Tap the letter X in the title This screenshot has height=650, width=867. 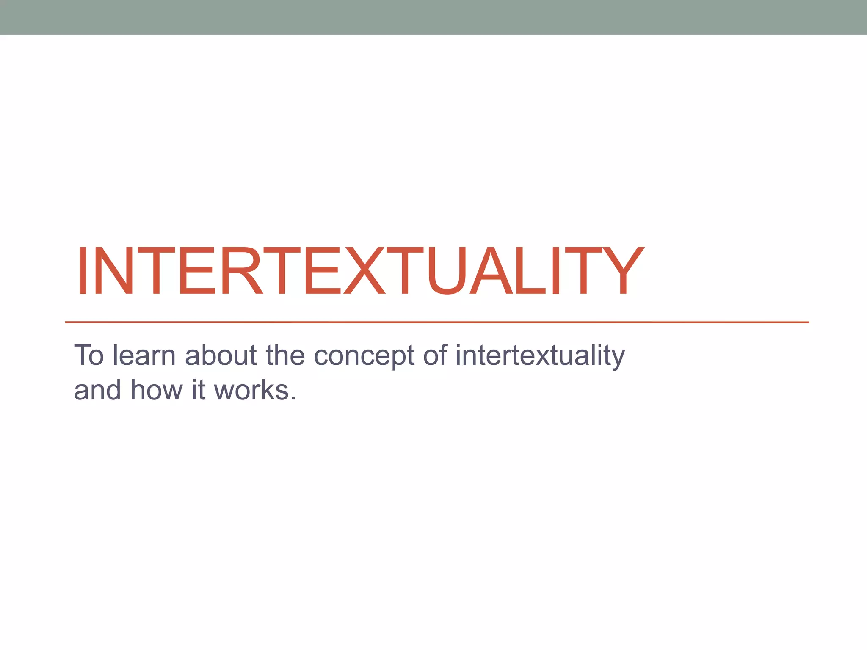click(x=364, y=271)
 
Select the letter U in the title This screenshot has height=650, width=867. click(x=448, y=271)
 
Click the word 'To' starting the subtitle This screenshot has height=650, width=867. click(x=89, y=355)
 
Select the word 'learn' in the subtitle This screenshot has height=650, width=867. click(x=144, y=355)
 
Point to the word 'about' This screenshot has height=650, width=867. click(x=221, y=355)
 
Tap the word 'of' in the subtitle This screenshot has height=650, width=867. click(x=435, y=355)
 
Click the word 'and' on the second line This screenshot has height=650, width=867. click(x=97, y=390)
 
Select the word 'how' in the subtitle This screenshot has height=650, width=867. click(x=156, y=390)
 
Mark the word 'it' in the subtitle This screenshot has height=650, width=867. click(x=198, y=390)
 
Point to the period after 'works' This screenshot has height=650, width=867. click(x=293, y=399)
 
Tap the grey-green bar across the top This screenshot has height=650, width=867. click(x=433, y=17)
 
